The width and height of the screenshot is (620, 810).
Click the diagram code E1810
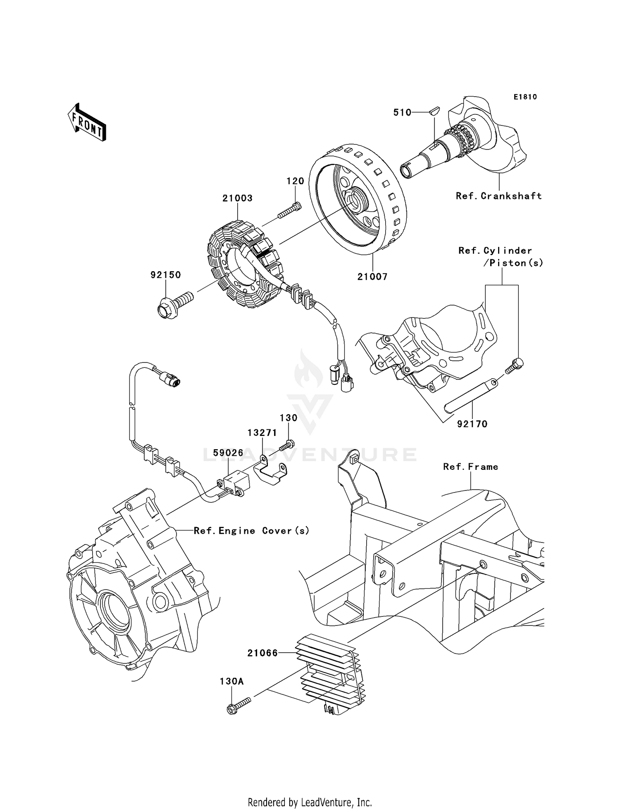[x=525, y=97]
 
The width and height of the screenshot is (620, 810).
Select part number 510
[x=402, y=112]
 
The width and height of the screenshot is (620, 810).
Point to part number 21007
[x=372, y=277]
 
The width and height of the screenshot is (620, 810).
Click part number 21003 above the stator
[x=237, y=198]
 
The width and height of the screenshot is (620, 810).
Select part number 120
[x=295, y=181]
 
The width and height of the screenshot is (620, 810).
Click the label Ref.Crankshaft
[x=498, y=196]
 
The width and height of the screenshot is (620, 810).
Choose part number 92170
[x=472, y=424]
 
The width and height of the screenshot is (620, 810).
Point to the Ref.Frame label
[x=470, y=467]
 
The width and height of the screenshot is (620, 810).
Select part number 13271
[x=262, y=433]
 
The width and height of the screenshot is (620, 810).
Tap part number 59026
[x=228, y=453]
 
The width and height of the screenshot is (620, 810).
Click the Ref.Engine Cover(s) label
[x=251, y=531]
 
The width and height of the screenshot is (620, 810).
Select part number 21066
[x=262, y=653]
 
